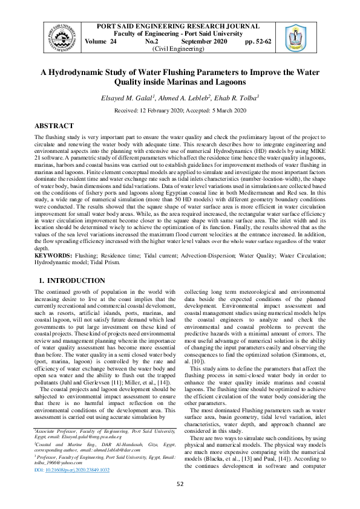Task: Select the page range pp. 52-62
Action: pos(259,42)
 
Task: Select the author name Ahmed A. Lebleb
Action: pos(177,98)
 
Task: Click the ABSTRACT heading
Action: pos(54,126)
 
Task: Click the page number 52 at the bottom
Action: pos(180,484)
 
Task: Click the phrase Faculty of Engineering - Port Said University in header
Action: pos(179,34)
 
